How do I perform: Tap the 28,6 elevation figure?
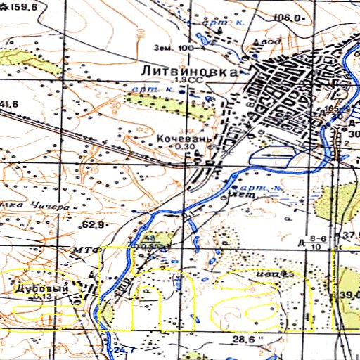[x=243, y=339]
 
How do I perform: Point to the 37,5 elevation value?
[x=349, y=235]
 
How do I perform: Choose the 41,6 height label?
[x=8, y=105]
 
